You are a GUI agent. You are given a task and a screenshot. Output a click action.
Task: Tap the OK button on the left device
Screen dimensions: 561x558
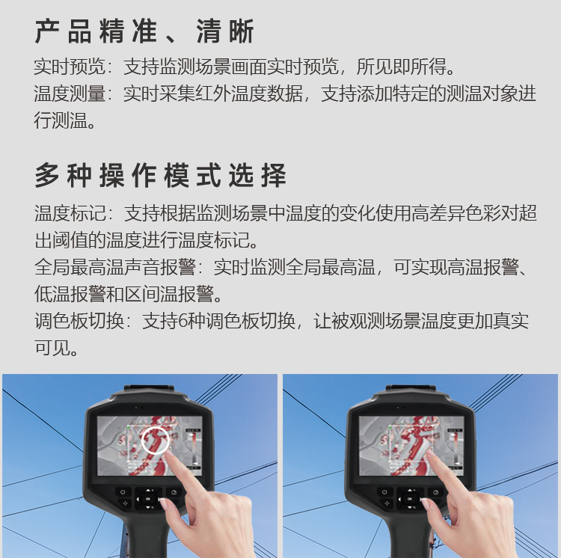(x=148, y=499)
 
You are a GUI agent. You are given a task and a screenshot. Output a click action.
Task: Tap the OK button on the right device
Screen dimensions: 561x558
(x=410, y=499)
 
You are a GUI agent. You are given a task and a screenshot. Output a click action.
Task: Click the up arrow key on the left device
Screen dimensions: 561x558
(x=148, y=491)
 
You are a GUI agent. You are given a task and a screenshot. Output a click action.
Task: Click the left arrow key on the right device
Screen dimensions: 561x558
(x=399, y=500)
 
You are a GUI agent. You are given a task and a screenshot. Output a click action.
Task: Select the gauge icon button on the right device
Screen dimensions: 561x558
(x=436, y=492)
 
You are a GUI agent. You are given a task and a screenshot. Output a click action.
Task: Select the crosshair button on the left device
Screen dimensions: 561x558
(x=125, y=503)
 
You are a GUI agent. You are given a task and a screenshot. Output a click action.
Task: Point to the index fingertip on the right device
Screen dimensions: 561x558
(x=429, y=453)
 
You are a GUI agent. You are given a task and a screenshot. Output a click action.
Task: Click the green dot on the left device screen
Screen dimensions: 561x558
(x=128, y=427)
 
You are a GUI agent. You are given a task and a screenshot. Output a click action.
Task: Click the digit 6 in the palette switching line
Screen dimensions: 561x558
(x=182, y=321)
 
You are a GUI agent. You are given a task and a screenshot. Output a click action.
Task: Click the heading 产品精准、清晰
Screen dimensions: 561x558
(x=144, y=31)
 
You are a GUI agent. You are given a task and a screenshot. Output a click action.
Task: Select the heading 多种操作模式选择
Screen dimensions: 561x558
(x=160, y=175)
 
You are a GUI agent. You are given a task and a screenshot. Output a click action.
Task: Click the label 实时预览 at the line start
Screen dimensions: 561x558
(x=70, y=67)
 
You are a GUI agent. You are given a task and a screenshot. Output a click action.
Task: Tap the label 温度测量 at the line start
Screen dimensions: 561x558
(x=70, y=93)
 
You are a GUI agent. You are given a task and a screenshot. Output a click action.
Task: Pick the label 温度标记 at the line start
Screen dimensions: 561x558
(x=70, y=213)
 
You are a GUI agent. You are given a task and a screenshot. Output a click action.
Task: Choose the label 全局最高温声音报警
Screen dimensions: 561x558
(x=115, y=267)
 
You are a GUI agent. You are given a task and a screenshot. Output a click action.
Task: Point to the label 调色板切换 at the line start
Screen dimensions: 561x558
(x=79, y=321)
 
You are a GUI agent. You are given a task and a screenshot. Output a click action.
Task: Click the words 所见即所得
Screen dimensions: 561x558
(x=402, y=67)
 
